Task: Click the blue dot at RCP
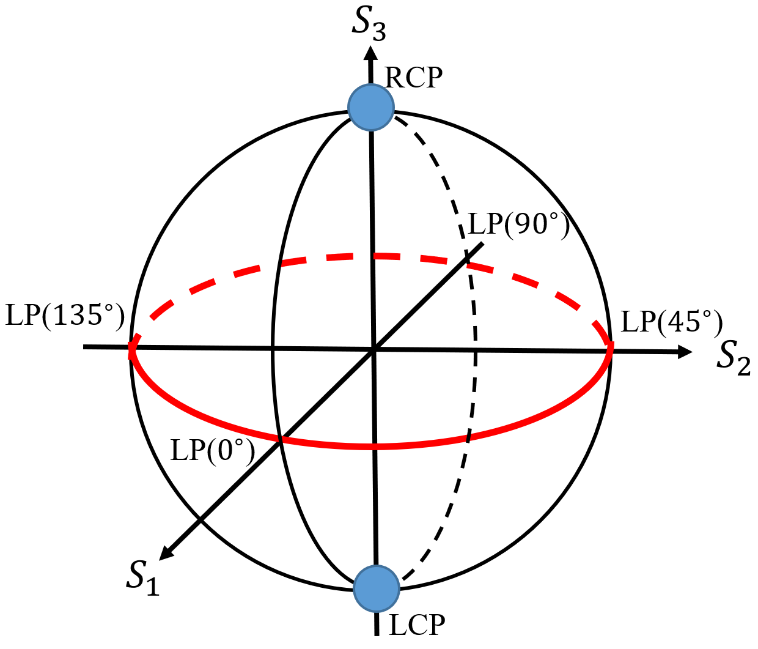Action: pyautogui.click(x=370, y=108)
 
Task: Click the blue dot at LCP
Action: pyautogui.click(x=377, y=588)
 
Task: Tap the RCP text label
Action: pyautogui.click(x=413, y=78)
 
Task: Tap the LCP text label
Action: pyautogui.click(x=417, y=625)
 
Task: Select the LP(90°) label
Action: pyautogui.click(x=518, y=224)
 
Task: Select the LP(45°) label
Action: pyautogui.click(x=672, y=322)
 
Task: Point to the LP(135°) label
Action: pyautogui.click(x=65, y=316)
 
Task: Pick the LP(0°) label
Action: pyautogui.click(x=212, y=451)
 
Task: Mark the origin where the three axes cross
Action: pyautogui.click(x=373, y=350)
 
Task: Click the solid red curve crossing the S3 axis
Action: pyautogui.click(x=375, y=446)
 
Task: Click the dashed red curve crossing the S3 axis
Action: pyautogui.click(x=372, y=256)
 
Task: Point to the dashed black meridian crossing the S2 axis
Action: pyautogui.click(x=475, y=351)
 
